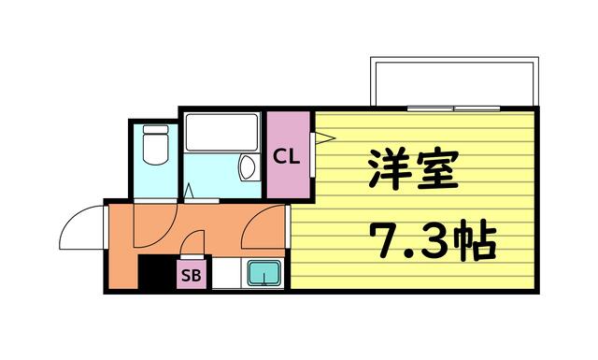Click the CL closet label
point(288,156)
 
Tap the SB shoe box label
point(191,275)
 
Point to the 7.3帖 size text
point(434,239)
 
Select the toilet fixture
point(155,144)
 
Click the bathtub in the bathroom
point(221,132)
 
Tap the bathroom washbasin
point(248,167)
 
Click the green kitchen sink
point(263,273)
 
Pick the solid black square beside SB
point(157,273)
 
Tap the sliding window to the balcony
point(453,108)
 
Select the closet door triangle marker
point(324,137)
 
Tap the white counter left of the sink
point(226,273)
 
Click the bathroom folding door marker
point(189,192)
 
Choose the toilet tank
point(155,129)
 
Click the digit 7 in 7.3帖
point(384,240)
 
